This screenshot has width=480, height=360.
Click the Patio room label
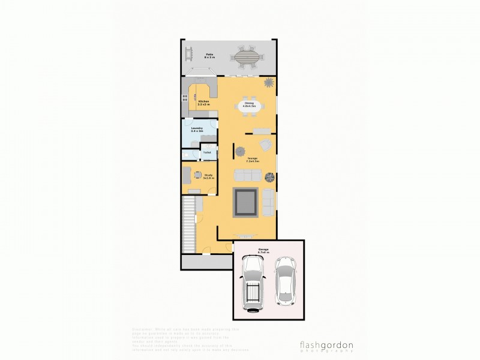point(210,55)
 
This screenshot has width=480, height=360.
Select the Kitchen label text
point(204,103)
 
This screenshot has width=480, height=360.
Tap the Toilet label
point(207,152)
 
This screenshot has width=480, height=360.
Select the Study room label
point(208,176)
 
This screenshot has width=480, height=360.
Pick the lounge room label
point(253,160)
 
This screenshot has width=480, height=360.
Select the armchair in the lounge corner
point(265,144)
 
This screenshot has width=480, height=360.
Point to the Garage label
point(263,250)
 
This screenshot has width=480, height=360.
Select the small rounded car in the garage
point(286,278)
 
